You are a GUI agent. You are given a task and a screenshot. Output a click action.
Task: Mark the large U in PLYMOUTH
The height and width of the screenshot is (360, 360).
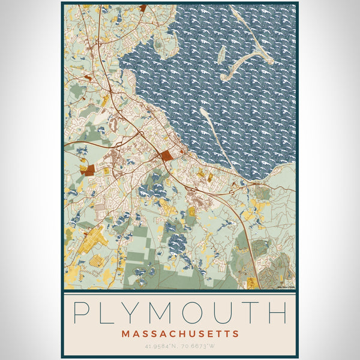click(222, 313)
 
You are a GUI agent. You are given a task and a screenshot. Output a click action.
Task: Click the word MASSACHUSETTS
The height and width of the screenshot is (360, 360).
click(180, 334)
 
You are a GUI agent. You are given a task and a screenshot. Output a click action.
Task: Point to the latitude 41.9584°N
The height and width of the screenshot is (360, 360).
click(161, 346)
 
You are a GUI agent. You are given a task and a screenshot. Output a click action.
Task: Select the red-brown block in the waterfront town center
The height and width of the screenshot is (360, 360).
click(166, 156)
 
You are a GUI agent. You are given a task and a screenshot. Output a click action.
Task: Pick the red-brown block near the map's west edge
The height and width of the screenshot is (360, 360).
click(89, 170)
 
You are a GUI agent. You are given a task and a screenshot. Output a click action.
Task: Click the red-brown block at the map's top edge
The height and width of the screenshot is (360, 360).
click(142, 8)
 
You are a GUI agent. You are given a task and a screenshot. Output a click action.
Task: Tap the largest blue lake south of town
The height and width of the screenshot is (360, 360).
click(177, 244)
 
